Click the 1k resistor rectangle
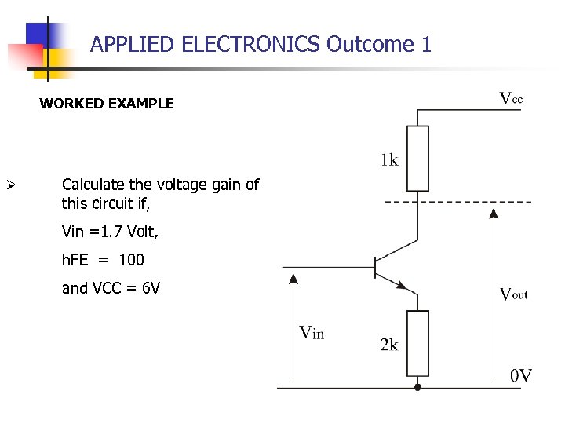point(417,158)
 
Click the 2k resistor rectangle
point(417,343)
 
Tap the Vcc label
point(511,99)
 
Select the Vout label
point(513,294)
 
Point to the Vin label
point(312,332)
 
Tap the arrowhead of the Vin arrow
point(293,277)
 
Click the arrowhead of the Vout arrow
point(492,211)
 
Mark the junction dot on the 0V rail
point(417,387)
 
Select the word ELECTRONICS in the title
point(250,44)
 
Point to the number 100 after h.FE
point(131,260)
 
